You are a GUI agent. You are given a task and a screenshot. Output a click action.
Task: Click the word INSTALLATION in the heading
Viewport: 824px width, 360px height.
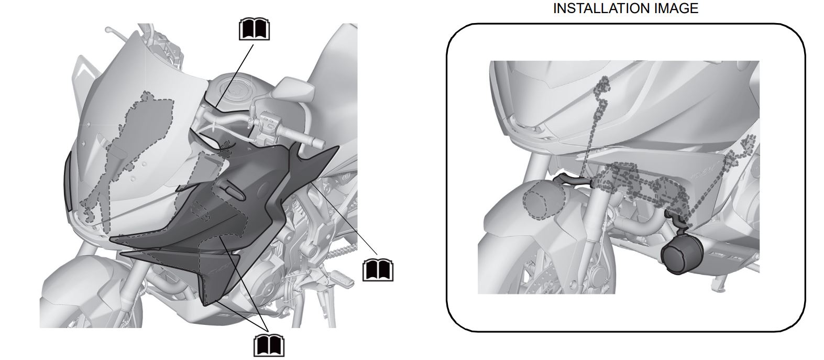point(598,8)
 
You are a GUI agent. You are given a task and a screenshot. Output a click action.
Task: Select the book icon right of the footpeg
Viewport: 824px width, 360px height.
point(378,270)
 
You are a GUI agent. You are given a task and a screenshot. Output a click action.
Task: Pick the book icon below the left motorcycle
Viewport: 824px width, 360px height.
point(269,345)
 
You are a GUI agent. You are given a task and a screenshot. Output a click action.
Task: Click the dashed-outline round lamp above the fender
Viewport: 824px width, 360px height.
point(544,199)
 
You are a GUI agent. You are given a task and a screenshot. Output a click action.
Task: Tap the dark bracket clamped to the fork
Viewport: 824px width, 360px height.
point(572,180)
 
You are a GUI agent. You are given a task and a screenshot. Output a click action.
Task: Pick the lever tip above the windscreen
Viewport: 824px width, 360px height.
point(108,30)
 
